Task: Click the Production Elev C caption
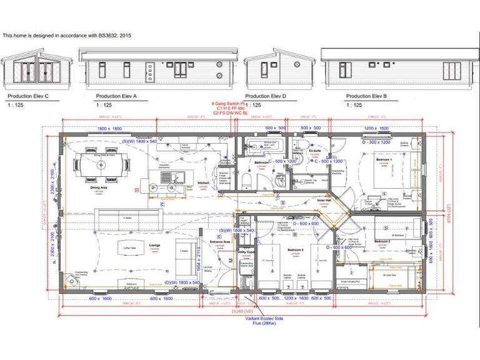coord(27,96)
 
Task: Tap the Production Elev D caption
coord(266,96)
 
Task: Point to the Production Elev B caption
coord(367,96)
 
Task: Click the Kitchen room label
coord(203,183)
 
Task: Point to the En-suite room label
coord(314,151)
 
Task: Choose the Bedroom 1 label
coord(384,160)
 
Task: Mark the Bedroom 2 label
coord(382,241)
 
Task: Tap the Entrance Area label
coord(219,241)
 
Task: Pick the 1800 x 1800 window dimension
coord(109,128)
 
